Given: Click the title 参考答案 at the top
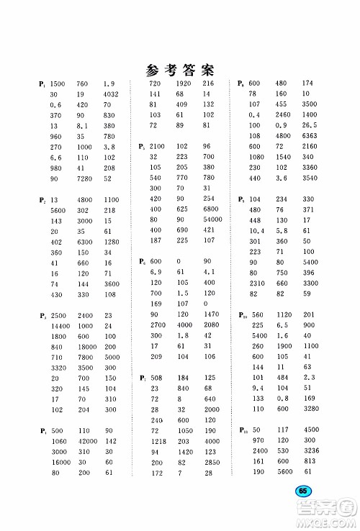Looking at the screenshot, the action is pyautogui.click(x=181, y=70).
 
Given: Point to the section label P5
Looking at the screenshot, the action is pyautogui.click(x=142, y=147).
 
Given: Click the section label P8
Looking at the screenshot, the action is pyautogui.click(x=242, y=84).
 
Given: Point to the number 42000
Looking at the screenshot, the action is pyautogui.click(x=87, y=441).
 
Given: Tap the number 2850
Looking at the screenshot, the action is pyautogui.click(x=210, y=462).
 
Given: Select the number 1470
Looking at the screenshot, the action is pyautogui.click(x=210, y=314).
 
